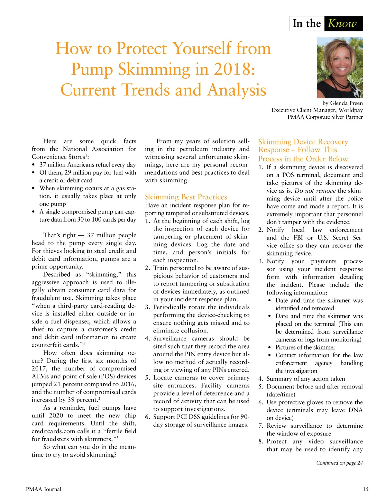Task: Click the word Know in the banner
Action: click(x=342, y=23)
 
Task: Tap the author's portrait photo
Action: click(x=340, y=68)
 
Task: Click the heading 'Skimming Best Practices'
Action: click(x=186, y=197)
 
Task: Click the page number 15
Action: click(x=365, y=489)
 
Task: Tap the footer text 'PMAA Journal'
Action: click(x=43, y=489)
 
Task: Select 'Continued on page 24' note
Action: click(x=339, y=463)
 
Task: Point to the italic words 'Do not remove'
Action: click(x=315, y=191)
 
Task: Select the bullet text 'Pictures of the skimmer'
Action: click(x=305, y=347)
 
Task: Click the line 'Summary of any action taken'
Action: click(x=306, y=379)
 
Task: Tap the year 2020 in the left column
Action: click(x=56, y=415)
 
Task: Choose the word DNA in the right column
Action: click(x=355, y=410)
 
